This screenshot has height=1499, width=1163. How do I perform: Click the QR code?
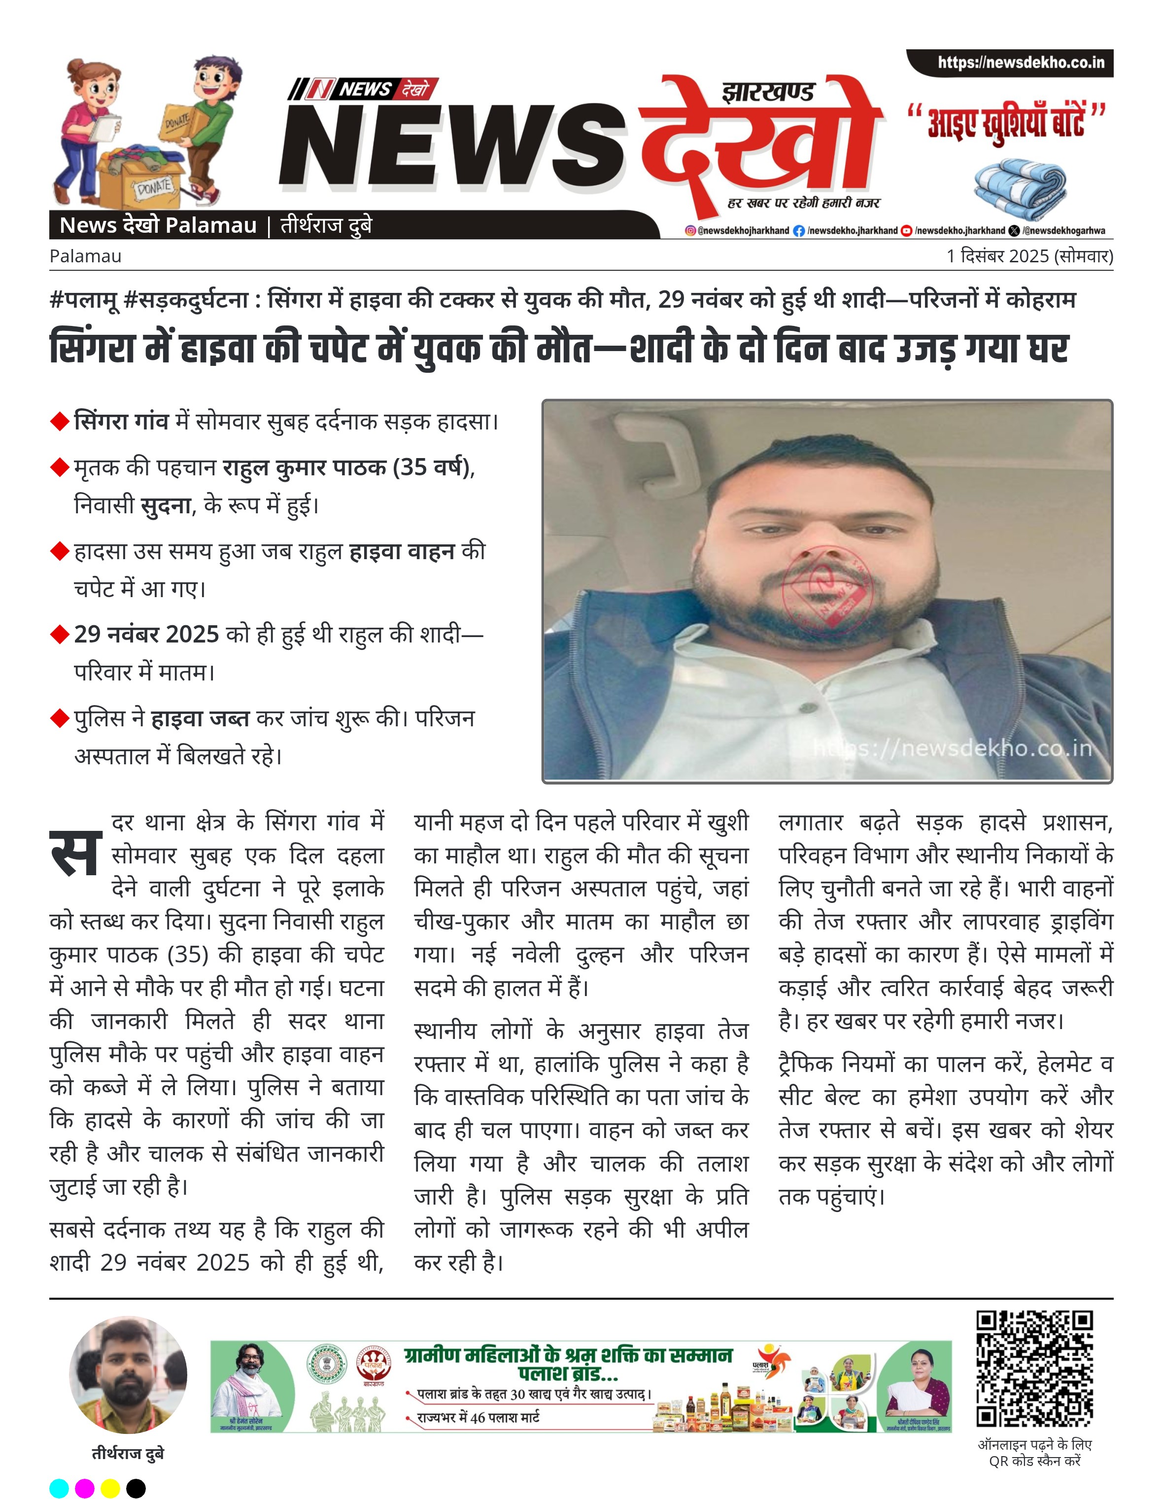[1035, 1369]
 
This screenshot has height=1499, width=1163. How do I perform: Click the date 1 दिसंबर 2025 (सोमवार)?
[1029, 256]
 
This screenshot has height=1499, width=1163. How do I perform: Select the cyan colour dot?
[60, 1488]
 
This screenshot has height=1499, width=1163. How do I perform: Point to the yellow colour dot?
[110, 1488]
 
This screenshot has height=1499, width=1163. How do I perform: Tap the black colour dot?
[136, 1488]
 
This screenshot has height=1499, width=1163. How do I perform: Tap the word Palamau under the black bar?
[85, 256]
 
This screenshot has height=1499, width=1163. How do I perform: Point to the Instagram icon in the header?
[690, 231]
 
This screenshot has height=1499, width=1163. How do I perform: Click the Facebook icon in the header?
[799, 231]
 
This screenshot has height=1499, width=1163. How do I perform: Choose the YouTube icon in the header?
[906, 231]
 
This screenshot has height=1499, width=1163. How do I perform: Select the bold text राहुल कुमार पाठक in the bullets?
[304, 467]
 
